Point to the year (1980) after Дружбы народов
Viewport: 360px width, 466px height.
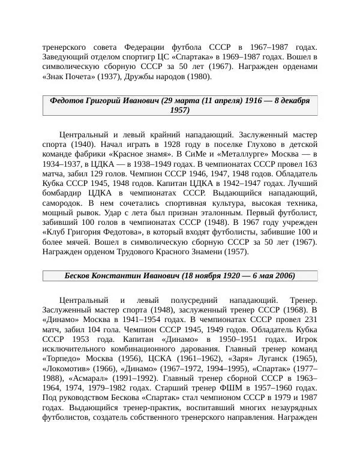[199, 77]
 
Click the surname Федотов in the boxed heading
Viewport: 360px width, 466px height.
[68, 100]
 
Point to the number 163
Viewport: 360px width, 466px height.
[310, 164]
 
